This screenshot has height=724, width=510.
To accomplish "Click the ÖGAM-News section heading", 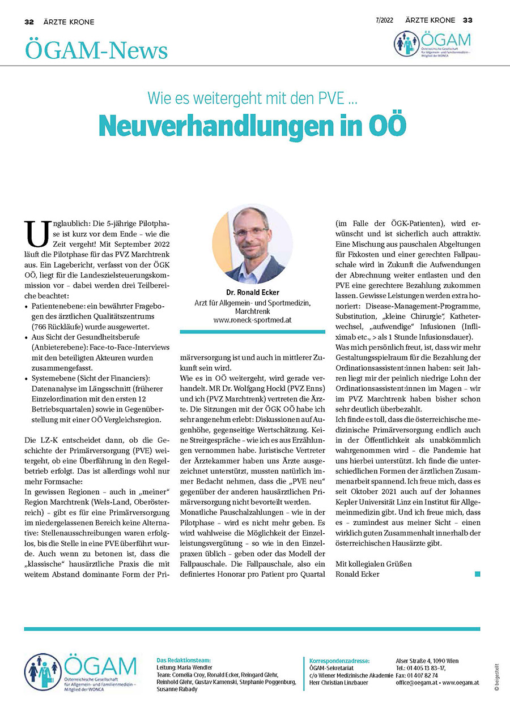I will click(96, 51).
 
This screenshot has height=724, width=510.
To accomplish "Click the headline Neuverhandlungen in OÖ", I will click(253, 126).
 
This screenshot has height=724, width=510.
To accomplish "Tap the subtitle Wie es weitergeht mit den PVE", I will click(253, 98).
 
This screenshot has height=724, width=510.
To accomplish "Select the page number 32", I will click(29, 22).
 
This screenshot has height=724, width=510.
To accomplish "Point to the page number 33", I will click(467, 20).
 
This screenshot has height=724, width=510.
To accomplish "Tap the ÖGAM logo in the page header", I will click(432, 44).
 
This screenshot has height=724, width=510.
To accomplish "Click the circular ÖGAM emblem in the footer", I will click(43, 672).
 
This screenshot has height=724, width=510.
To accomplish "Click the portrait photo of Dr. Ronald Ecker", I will click(252, 244).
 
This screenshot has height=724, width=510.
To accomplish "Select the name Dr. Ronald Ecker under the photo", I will click(252, 293).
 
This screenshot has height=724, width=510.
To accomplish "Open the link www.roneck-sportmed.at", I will click(252, 320).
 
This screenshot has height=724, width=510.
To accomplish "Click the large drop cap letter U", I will click(37, 233).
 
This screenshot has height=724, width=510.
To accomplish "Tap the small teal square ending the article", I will click(478, 574).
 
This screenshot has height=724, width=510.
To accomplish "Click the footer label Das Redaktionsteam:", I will click(183, 661).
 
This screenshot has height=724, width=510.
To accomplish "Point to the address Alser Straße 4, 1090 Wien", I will click(427, 661).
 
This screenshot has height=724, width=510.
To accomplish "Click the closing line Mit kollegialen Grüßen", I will click(374, 564).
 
